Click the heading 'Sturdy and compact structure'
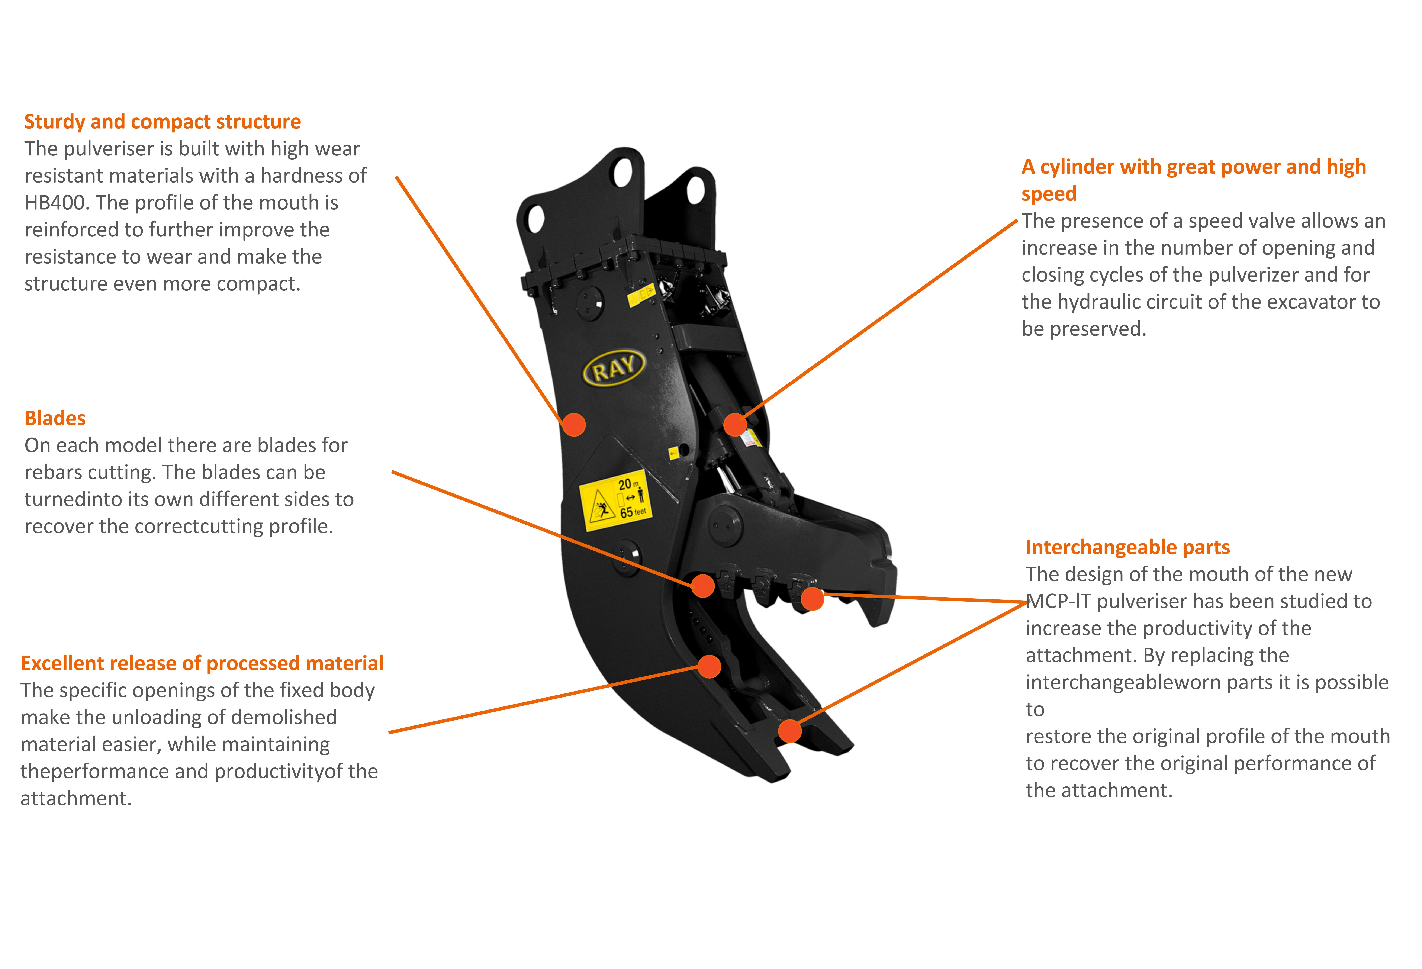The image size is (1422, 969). point(162,122)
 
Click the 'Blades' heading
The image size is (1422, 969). point(55,418)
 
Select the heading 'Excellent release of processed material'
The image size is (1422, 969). point(202,663)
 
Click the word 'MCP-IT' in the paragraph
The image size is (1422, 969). point(1059,601)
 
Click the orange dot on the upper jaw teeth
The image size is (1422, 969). point(812,599)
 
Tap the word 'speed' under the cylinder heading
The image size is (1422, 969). point(1049,194)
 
